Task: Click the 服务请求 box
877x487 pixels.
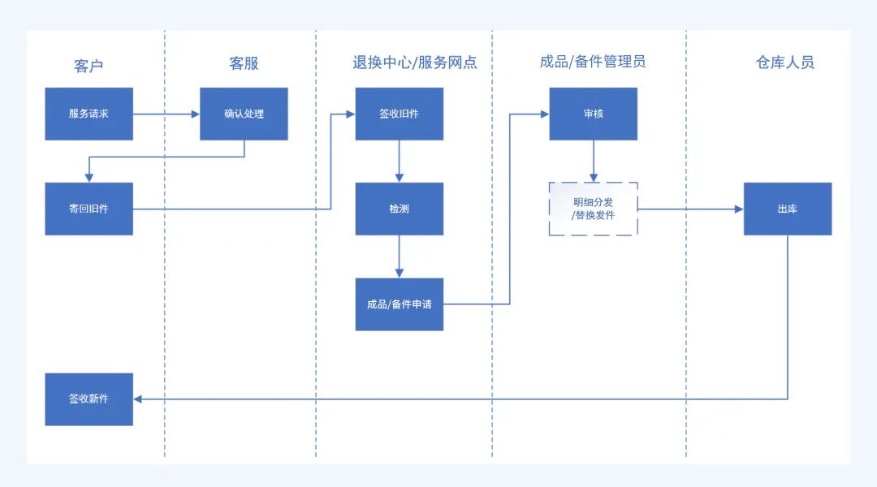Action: (x=89, y=114)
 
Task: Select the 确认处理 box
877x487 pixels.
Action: (x=244, y=114)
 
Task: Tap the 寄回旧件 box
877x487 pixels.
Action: (x=89, y=209)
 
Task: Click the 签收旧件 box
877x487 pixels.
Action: (x=400, y=114)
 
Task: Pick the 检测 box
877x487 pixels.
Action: (x=400, y=209)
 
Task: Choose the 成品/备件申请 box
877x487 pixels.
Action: (x=400, y=304)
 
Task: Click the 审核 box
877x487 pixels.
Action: (x=594, y=114)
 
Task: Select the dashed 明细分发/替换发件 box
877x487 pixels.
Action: (x=594, y=209)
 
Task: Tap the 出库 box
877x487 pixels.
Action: (x=788, y=209)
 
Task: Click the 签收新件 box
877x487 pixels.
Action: (x=89, y=399)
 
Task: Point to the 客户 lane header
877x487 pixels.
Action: (x=89, y=65)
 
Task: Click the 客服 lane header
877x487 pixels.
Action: (x=244, y=63)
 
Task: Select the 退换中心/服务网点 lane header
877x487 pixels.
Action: (x=415, y=62)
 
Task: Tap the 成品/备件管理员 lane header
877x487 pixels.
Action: (x=593, y=62)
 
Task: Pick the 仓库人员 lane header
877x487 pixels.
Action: (x=785, y=62)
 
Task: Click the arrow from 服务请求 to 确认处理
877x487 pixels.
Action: (x=166, y=114)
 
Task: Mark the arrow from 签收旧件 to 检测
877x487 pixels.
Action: (x=400, y=161)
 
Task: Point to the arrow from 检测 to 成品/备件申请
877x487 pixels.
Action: (x=400, y=256)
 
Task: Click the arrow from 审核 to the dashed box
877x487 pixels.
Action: (x=594, y=161)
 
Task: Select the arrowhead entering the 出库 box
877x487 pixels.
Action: (x=739, y=209)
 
